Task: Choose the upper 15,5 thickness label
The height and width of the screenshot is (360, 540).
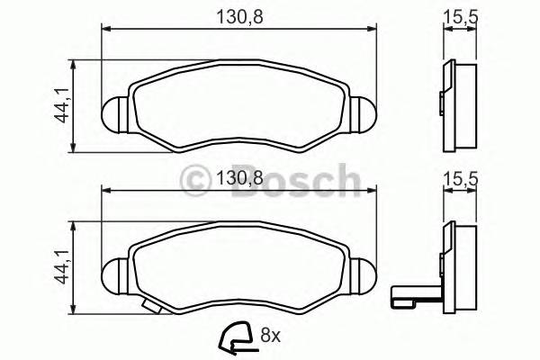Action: (x=460, y=15)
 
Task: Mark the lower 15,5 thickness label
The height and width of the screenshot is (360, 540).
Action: (x=460, y=179)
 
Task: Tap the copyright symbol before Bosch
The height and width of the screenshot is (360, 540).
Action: (x=196, y=182)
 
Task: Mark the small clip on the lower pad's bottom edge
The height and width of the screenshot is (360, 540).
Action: (x=156, y=307)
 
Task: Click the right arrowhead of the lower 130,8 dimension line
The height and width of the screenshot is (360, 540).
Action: (x=369, y=191)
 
